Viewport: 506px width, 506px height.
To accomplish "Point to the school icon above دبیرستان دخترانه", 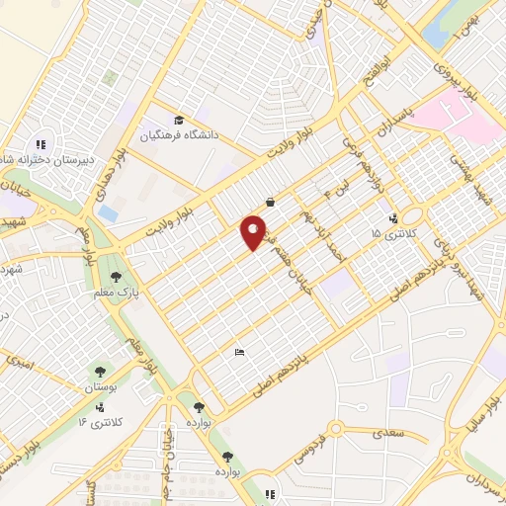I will pyautogui.click(x=41, y=143).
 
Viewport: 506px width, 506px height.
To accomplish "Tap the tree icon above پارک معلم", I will pyautogui.click(x=118, y=277).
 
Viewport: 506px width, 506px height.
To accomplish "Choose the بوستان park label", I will pyautogui.click(x=100, y=387).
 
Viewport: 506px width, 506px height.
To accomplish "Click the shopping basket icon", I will pyautogui.click(x=270, y=202).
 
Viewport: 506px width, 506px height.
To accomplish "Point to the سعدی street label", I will pyautogui.click(x=388, y=434).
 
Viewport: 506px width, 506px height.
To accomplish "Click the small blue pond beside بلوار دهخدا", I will pyautogui.click(x=108, y=213).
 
